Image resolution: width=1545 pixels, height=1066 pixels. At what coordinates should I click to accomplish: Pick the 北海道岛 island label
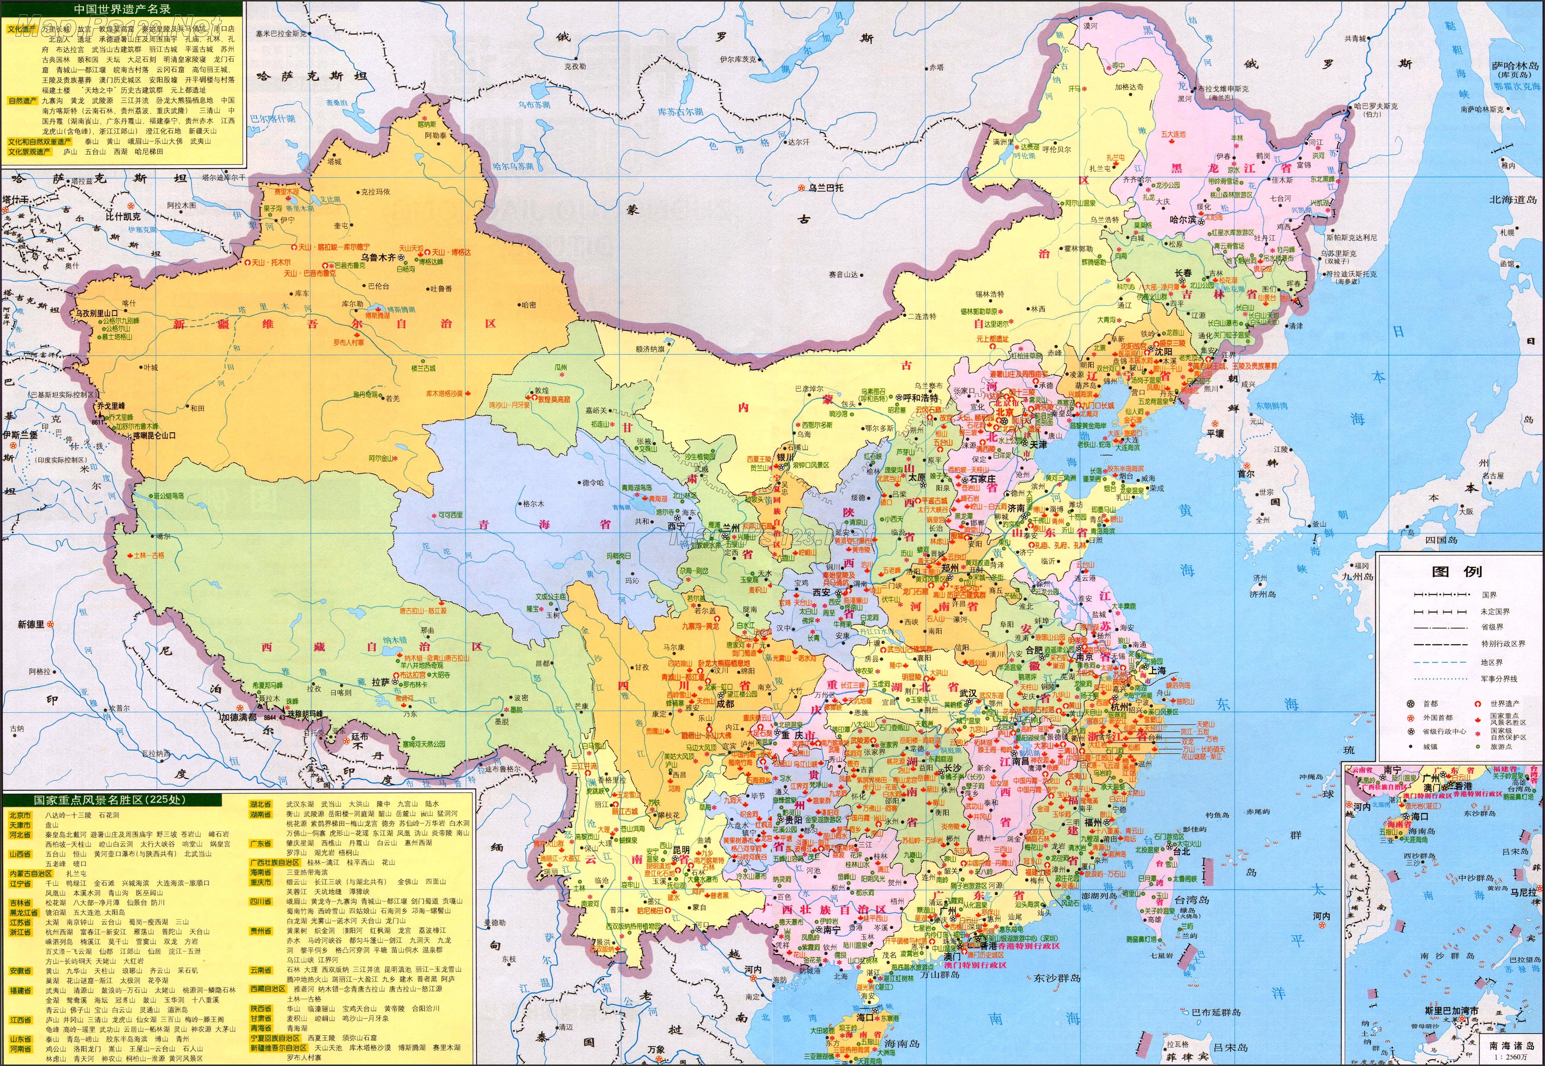(1512, 199)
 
